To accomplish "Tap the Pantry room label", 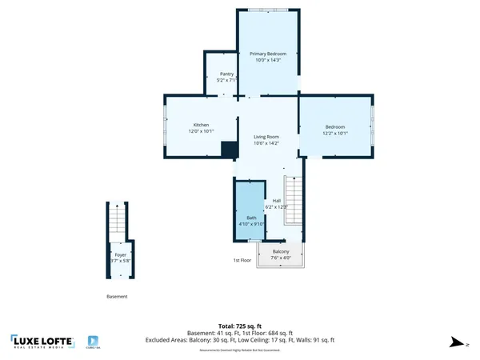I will pyautogui.click(x=227, y=74).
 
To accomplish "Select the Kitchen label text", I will pyautogui.click(x=201, y=125).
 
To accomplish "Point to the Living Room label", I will pyautogui.click(x=266, y=138).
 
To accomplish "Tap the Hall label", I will pyautogui.click(x=277, y=200).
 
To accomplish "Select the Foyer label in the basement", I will pyautogui.click(x=120, y=254).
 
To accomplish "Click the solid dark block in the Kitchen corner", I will pyautogui.click(x=230, y=150).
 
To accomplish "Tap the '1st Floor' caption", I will pyautogui.click(x=242, y=261).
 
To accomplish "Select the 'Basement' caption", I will pyautogui.click(x=117, y=296).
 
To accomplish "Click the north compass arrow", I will pyautogui.click(x=457, y=342).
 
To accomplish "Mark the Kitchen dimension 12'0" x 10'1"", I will pyautogui.click(x=201, y=131).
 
